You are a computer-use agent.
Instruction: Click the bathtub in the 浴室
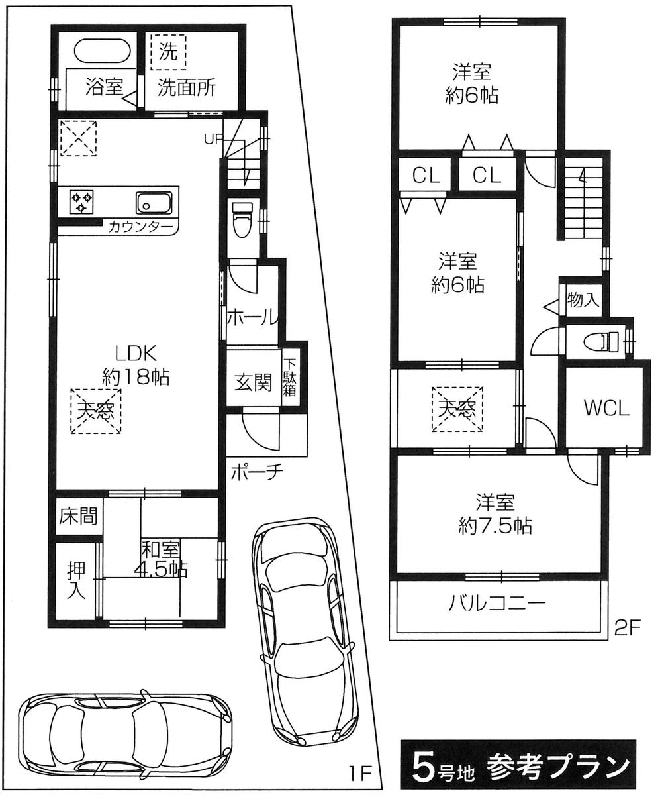[x=99, y=52]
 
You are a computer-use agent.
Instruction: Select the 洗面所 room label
[x=186, y=89]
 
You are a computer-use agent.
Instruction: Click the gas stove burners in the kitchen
[x=82, y=201]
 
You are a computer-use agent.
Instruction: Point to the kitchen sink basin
[x=154, y=201]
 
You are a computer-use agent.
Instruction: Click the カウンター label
[x=141, y=227]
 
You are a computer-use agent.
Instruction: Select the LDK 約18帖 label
[x=136, y=364]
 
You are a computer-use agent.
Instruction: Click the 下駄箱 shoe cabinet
[x=291, y=378]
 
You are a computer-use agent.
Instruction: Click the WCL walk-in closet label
[x=606, y=408]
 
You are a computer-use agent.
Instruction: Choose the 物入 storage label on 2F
[x=583, y=300]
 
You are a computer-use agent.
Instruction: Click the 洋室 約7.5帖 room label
[x=495, y=513]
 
